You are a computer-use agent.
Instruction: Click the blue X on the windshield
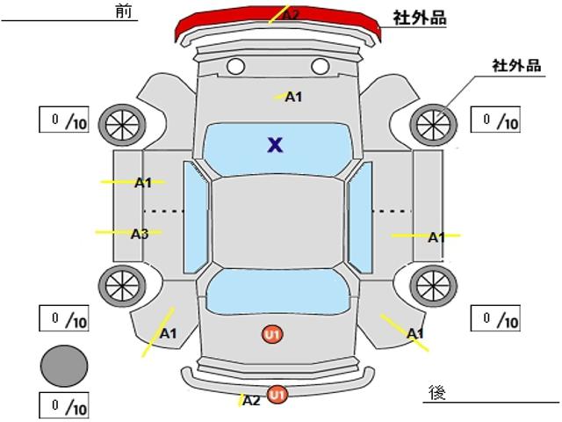[x=275, y=145]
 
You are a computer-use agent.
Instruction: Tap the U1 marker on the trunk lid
[x=272, y=334]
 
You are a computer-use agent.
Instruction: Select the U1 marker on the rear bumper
[x=277, y=395]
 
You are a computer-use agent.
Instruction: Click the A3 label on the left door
[x=140, y=234]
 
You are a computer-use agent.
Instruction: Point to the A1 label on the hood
[x=293, y=97]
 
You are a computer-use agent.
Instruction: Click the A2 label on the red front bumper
[x=291, y=16]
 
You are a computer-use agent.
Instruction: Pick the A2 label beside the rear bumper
[x=251, y=401]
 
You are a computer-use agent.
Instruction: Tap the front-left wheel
[x=122, y=125]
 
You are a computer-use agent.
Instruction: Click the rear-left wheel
[x=122, y=286]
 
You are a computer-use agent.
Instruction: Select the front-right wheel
[x=433, y=125]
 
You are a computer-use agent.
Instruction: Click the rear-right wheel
[x=433, y=286]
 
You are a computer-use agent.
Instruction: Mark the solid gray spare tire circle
[x=64, y=366]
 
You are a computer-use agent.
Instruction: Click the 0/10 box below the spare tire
[x=64, y=405]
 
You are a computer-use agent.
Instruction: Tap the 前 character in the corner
[x=124, y=11]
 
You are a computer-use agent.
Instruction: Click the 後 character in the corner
[x=437, y=392]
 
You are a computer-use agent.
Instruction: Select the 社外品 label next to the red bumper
[x=420, y=18]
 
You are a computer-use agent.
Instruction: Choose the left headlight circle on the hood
[x=235, y=67]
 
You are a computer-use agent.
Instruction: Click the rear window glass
[x=277, y=291]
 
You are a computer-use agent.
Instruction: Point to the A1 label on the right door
[x=437, y=237]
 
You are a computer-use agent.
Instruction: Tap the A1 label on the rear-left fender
[x=168, y=334]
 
